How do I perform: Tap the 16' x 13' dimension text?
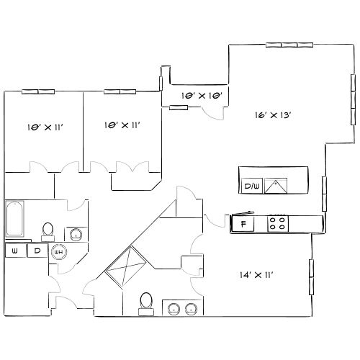274,114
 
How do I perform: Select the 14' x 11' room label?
256,274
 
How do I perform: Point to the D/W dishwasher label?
251,186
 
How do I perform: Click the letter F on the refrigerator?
243,224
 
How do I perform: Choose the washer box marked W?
14,251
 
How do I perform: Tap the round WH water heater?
59,252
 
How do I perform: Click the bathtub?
15,219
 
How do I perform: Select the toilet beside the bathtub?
48,230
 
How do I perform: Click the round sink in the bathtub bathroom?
75,233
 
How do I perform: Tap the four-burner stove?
278,223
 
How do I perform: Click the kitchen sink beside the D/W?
276,186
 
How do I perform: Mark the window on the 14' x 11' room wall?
311,278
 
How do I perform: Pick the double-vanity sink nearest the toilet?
174,309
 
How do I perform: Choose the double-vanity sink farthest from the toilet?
191,309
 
